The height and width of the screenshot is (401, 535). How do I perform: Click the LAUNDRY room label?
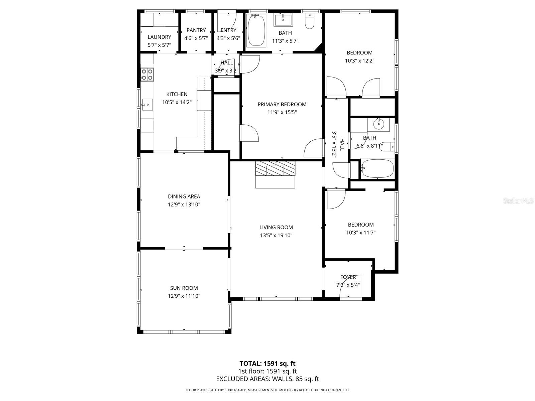coord(159,37)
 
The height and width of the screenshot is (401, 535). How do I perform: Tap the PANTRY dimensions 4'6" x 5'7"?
coord(196,38)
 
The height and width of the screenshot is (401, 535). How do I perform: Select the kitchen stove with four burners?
coord(147,74)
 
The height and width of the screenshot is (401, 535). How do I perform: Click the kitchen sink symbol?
coord(147,105)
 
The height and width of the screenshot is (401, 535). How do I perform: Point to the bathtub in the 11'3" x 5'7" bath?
coord(256,30)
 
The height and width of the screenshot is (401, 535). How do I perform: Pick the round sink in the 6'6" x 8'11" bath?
coord(378,124)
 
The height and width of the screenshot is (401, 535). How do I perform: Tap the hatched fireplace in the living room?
coord(276,169)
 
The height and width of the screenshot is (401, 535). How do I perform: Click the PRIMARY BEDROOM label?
coord(282,105)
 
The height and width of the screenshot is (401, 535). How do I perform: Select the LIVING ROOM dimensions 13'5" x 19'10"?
coord(276,235)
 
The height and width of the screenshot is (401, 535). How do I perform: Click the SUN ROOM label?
coord(184,288)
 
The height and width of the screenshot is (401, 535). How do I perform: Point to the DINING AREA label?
coord(184,196)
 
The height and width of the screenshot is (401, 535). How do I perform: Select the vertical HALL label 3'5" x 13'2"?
coord(338,145)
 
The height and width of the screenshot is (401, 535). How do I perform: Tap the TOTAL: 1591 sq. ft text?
coord(267,364)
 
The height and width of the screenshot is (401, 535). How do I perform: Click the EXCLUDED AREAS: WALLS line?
coord(267,379)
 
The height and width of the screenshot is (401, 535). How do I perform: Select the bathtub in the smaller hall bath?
coord(377,168)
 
